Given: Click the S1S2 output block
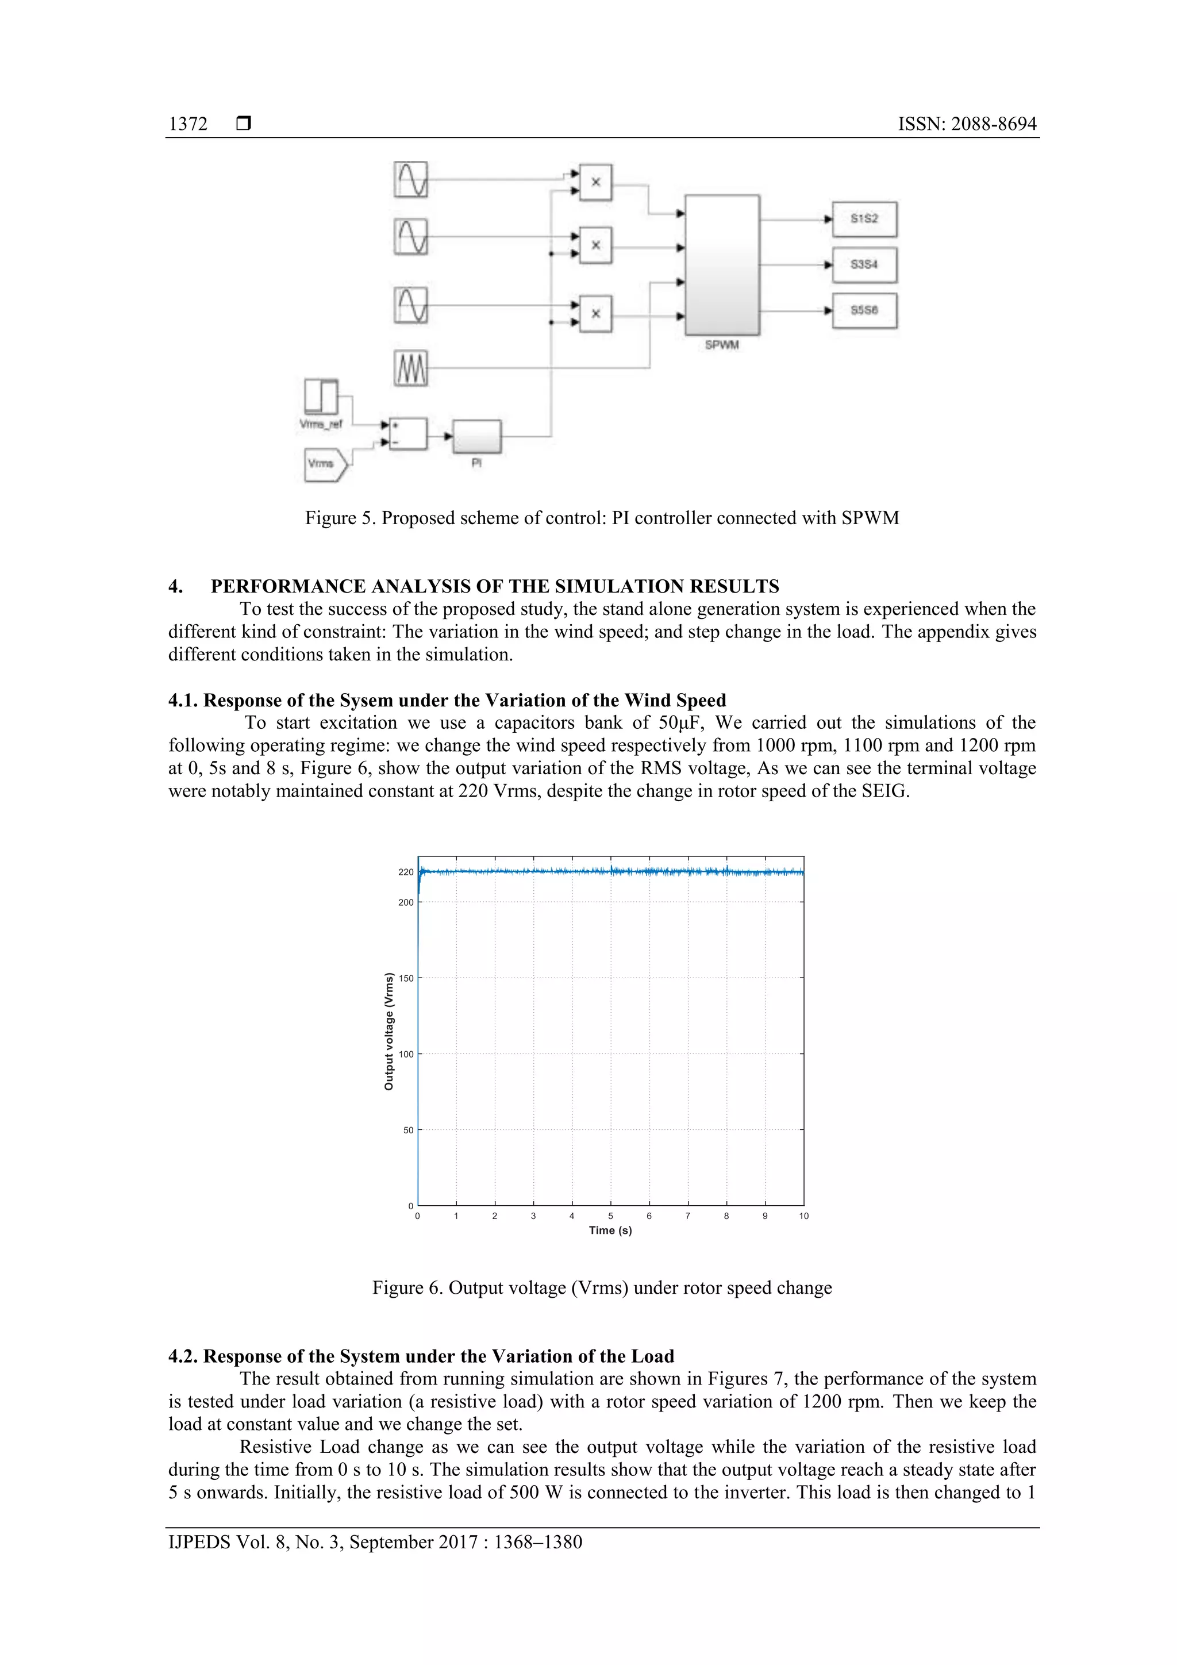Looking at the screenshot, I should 864,219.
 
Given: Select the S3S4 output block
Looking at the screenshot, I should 864,265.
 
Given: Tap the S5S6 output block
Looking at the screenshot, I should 864,310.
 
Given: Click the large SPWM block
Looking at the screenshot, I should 722,265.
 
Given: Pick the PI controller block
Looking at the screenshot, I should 476,437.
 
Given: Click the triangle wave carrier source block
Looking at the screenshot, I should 411,368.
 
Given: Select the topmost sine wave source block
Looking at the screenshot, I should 411,179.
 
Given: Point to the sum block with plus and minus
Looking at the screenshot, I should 407,434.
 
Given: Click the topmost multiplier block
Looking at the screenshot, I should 595,182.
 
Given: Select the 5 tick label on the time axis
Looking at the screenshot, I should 610,1216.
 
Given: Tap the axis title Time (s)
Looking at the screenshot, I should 610,1231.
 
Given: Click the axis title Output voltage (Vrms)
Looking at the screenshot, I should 389,1031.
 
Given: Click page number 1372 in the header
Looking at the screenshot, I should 188,124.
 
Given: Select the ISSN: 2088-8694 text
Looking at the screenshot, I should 967,124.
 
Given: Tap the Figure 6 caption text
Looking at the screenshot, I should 602,1288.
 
